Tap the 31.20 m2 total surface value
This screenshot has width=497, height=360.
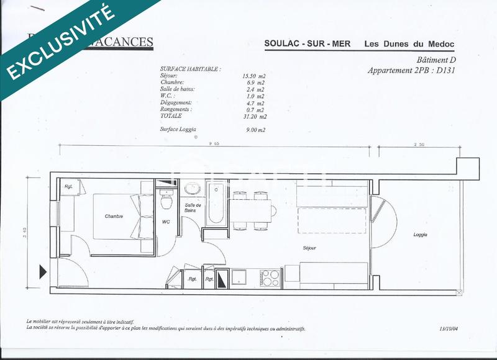tap(255, 116)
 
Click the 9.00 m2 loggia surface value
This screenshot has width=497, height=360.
tap(255, 130)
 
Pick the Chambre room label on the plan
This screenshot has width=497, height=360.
tap(114, 217)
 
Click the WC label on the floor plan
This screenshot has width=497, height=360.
tap(166, 221)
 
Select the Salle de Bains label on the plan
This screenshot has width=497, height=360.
tap(191, 208)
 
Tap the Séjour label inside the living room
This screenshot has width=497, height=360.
tap(309, 248)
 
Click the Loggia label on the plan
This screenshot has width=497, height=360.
tap(421, 235)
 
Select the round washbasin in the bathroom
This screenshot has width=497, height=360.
tap(192, 188)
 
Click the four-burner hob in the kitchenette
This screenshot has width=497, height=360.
tap(270, 277)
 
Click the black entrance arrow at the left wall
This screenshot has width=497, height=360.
tap(43, 271)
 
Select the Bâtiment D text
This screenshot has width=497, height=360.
tap(434, 60)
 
